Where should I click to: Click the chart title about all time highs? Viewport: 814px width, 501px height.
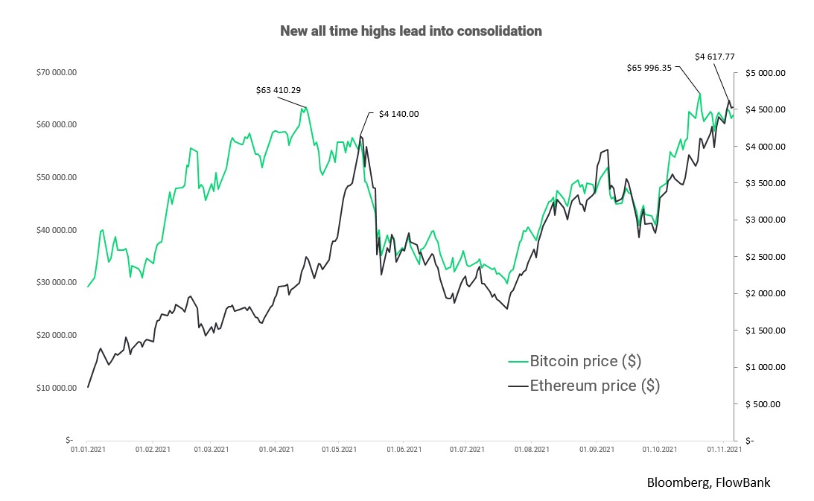410,31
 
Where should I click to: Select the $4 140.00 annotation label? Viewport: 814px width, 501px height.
398,114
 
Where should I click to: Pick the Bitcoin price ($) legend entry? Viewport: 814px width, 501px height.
585,361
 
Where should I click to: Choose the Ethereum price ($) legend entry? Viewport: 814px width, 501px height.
594,386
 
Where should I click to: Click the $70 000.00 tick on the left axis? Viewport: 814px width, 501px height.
57,72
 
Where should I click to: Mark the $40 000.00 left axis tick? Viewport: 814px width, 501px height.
57,230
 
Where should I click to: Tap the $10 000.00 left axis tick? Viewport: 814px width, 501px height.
57,388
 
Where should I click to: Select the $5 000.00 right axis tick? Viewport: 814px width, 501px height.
766,73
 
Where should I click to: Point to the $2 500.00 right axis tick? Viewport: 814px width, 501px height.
766,257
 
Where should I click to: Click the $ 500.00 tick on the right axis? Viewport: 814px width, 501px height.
766,404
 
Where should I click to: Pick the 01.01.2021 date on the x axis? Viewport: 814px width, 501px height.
89,450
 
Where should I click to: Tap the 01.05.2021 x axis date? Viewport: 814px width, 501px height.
340,450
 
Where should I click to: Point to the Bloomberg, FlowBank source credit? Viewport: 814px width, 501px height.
708,482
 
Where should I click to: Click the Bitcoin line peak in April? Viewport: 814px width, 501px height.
305,106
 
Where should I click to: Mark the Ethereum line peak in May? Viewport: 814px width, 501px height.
361,135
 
